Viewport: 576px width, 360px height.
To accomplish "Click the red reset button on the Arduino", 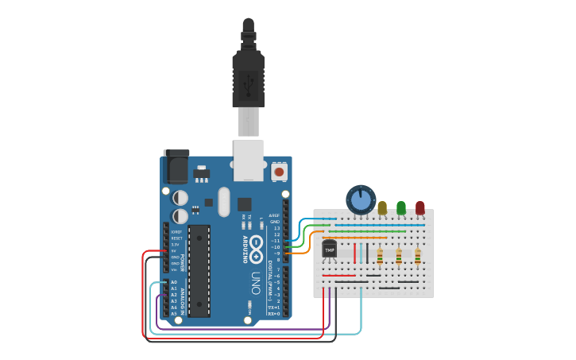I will click(x=279, y=171).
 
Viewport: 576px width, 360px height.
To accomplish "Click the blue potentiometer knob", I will click(x=361, y=199).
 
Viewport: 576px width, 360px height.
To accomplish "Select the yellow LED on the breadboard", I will click(x=382, y=207).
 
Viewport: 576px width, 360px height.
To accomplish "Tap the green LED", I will click(x=401, y=207).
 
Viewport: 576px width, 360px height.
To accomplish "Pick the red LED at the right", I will click(x=420, y=207).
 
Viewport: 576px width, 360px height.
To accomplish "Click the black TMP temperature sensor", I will click(x=329, y=250).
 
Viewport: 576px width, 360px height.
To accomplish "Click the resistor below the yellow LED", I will click(x=380, y=256).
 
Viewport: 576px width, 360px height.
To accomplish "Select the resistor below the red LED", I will click(x=418, y=256).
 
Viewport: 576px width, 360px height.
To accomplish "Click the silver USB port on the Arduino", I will click(x=249, y=159).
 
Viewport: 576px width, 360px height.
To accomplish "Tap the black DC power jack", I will click(x=176, y=167).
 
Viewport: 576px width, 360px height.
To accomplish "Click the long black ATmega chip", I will click(x=199, y=270).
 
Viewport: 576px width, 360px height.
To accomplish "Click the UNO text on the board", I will click(x=255, y=283).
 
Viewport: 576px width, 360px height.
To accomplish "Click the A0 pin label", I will click(x=174, y=282).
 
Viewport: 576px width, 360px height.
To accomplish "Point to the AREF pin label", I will click(x=274, y=215).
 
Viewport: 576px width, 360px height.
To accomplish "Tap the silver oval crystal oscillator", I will click(x=224, y=201).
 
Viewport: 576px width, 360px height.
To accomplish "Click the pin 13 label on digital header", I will click(x=276, y=228).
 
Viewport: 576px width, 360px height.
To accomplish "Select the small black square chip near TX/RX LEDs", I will click(x=244, y=204).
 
